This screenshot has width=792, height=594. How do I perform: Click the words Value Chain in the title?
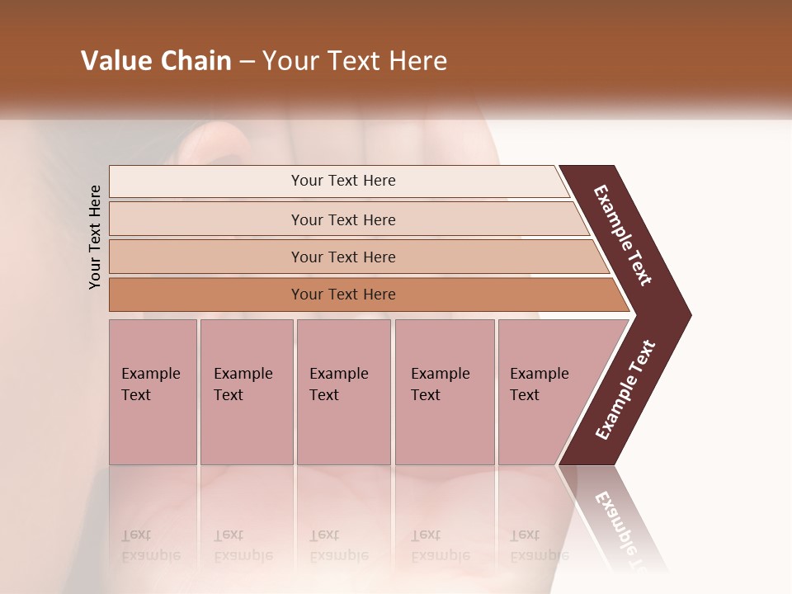pyautogui.click(x=156, y=61)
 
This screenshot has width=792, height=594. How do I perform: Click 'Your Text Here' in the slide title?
pyautogui.click(x=355, y=61)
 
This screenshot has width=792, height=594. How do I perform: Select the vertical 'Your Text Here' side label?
pyautogui.click(x=95, y=238)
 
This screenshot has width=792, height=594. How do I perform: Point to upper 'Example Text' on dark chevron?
pyautogui.click(x=623, y=235)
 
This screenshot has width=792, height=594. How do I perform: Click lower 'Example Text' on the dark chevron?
pyautogui.click(x=625, y=390)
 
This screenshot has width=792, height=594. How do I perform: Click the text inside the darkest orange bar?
pyautogui.click(x=343, y=295)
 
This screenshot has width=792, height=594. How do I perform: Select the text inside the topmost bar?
pyautogui.click(x=343, y=181)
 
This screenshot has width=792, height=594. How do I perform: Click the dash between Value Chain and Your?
pyautogui.click(x=247, y=62)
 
